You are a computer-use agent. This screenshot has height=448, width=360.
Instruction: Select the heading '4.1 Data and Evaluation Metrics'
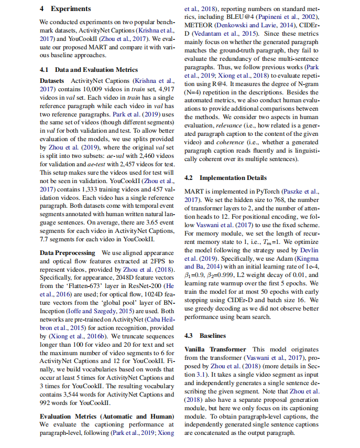(89, 70)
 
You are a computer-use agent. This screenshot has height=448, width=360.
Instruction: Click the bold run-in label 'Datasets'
(52, 81)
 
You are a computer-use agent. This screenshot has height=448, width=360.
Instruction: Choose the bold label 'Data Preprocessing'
(68, 253)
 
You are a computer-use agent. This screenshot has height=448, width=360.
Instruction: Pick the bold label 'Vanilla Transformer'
(215, 349)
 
